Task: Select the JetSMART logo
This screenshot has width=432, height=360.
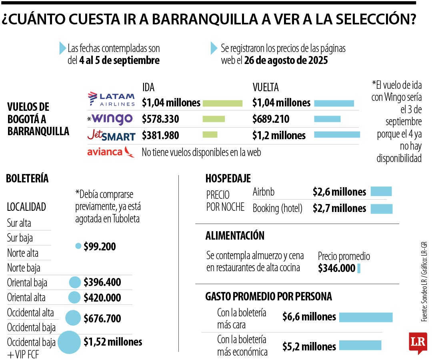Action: click(x=111, y=136)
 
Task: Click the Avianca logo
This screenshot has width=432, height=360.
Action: click(x=111, y=152)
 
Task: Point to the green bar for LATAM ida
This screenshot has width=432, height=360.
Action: click(x=222, y=103)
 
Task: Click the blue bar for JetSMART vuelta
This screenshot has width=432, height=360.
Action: click(x=337, y=135)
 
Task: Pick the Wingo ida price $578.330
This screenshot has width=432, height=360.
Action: click(x=160, y=119)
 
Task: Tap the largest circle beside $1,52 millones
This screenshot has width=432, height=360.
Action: click(x=70, y=342)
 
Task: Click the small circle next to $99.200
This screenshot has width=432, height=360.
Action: click(x=78, y=246)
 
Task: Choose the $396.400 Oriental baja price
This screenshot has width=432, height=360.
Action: click(x=102, y=282)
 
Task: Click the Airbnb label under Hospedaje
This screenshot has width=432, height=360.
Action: click(x=264, y=192)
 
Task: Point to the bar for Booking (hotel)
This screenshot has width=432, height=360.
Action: click(x=382, y=208)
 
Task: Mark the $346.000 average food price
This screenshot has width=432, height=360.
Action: click(x=336, y=268)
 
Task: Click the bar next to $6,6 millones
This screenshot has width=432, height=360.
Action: click(x=366, y=317)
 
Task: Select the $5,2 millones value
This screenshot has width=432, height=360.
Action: click(x=309, y=346)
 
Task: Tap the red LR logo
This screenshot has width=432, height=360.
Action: click(x=418, y=342)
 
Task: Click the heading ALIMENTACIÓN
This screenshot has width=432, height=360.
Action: click(x=235, y=236)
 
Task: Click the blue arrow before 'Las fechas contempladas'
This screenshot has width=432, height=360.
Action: click(x=62, y=48)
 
